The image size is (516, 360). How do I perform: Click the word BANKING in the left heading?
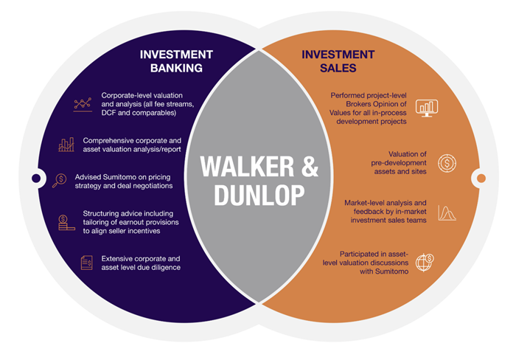[176, 69]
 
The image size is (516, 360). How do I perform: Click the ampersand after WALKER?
[309, 167]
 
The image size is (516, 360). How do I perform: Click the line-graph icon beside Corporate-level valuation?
[83, 104]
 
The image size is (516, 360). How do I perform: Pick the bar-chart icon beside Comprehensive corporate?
[66, 144]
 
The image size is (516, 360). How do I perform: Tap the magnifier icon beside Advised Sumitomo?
[59, 181]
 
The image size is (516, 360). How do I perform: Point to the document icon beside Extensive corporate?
[87, 263]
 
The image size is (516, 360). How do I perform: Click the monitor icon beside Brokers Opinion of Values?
[427, 108]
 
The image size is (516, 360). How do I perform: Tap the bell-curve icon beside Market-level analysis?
[447, 213]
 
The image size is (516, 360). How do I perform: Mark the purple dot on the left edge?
[35, 178]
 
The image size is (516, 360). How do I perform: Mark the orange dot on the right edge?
[481, 178]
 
